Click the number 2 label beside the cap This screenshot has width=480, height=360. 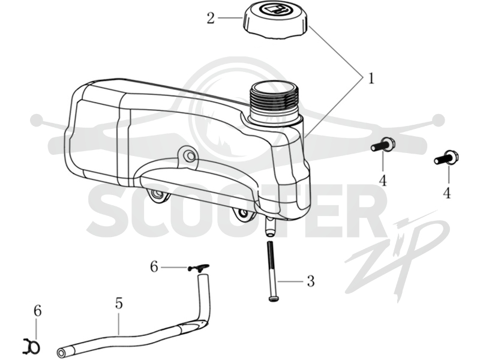[x=211, y=19]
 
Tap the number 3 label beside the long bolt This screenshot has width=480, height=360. [x=311, y=281]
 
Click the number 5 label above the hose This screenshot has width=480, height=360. [x=119, y=303]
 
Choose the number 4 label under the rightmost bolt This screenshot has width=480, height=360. [x=447, y=193]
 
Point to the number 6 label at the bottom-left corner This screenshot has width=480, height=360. [x=37, y=311]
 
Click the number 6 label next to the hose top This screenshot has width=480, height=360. [x=154, y=267]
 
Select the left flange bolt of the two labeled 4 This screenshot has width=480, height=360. [x=383, y=145]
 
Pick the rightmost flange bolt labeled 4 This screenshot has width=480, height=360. [x=446, y=157]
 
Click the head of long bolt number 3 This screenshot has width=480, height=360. [x=274, y=298]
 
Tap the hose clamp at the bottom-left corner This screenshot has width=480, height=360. [x=32, y=346]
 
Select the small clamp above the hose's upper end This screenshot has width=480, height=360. [x=199, y=267]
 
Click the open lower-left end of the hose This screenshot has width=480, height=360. [x=61, y=351]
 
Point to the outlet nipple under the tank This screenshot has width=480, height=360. [x=270, y=227]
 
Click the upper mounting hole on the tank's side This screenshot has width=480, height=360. [x=190, y=156]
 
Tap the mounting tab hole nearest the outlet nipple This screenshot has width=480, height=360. [x=243, y=214]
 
